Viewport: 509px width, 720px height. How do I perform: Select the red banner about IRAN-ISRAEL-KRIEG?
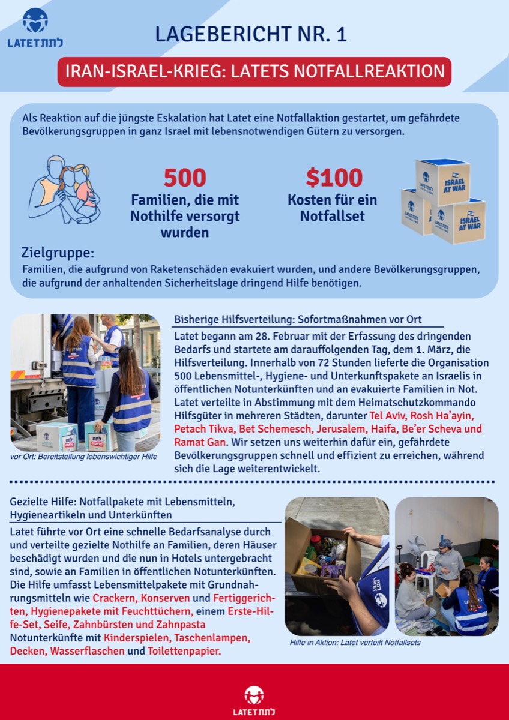pyautogui.click(x=254, y=71)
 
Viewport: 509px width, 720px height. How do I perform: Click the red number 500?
pyautogui.click(x=185, y=178)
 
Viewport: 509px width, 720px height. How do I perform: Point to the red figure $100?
pyautogui.click(x=334, y=178)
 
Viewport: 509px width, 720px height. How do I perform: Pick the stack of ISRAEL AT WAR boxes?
pyautogui.click(x=443, y=201)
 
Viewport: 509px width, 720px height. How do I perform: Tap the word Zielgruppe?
pyautogui.click(x=58, y=253)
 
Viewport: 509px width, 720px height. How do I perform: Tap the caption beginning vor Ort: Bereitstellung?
pyautogui.click(x=84, y=457)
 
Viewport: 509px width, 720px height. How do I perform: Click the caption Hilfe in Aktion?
pyautogui.click(x=355, y=642)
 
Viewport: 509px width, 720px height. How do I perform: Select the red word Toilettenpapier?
pyautogui.click(x=184, y=650)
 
